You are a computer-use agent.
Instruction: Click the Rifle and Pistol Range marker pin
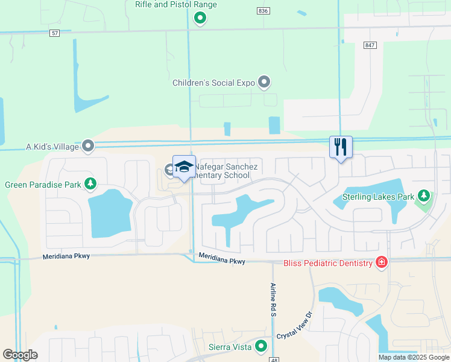pos(200,19)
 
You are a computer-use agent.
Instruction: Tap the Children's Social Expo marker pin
pos(263,81)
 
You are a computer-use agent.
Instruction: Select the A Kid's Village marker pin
pos(89,145)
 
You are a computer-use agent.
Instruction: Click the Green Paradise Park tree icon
pos(90,183)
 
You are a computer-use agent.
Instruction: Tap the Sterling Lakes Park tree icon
pos(424,195)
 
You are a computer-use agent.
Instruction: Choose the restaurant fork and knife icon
pos(341,146)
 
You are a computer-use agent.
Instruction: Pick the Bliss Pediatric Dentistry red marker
pos(381,262)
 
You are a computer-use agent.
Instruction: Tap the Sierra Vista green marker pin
pos(261,346)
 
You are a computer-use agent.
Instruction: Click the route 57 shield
pos(55,33)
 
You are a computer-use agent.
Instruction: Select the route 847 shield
pos(370,45)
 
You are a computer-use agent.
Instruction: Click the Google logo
pos(20,355)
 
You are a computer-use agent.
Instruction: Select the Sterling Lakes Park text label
pos(378,197)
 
